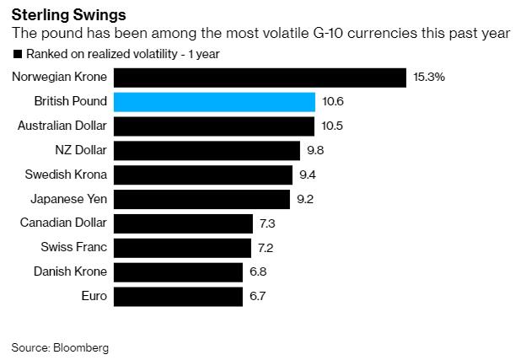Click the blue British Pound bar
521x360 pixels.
tap(214, 102)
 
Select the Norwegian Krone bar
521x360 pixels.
tap(260, 78)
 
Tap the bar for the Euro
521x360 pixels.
tap(178, 297)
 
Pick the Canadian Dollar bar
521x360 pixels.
tap(183, 223)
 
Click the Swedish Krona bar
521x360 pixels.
tap(203, 175)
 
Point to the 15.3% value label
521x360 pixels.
tap(429, 77)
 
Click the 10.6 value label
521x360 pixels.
tap(333, 101)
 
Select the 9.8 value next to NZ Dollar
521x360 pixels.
tap(315, 150)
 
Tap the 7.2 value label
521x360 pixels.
tap(266, 248)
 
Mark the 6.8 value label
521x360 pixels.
tap(258, 272)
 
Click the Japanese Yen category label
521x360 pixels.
tap(69, 199)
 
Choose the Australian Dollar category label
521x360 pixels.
tap(62, 126)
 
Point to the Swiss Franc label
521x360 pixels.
tap(73, 247)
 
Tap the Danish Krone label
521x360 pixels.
tap(70, 271)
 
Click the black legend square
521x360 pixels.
tap(18, 54)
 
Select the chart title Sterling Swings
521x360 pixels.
tap(69, 15)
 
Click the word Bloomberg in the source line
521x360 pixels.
tap(81, 348)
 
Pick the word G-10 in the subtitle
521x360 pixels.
tap(327, 33)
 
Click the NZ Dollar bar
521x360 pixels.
tap(207, 151)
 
